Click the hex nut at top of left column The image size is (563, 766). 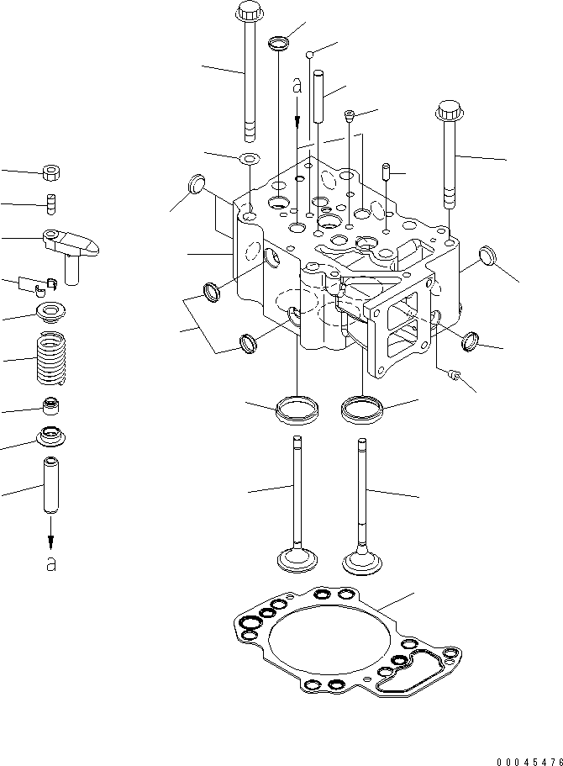click(x=52, y=174)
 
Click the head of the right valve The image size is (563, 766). click(x=363, y=559)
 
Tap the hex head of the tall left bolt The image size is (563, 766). click(x=250, y=12)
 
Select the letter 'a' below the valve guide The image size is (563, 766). click(x=51, y=564)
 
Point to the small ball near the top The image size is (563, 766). click(x=310, y=55)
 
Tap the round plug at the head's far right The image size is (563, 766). click(x=487, y=254)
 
